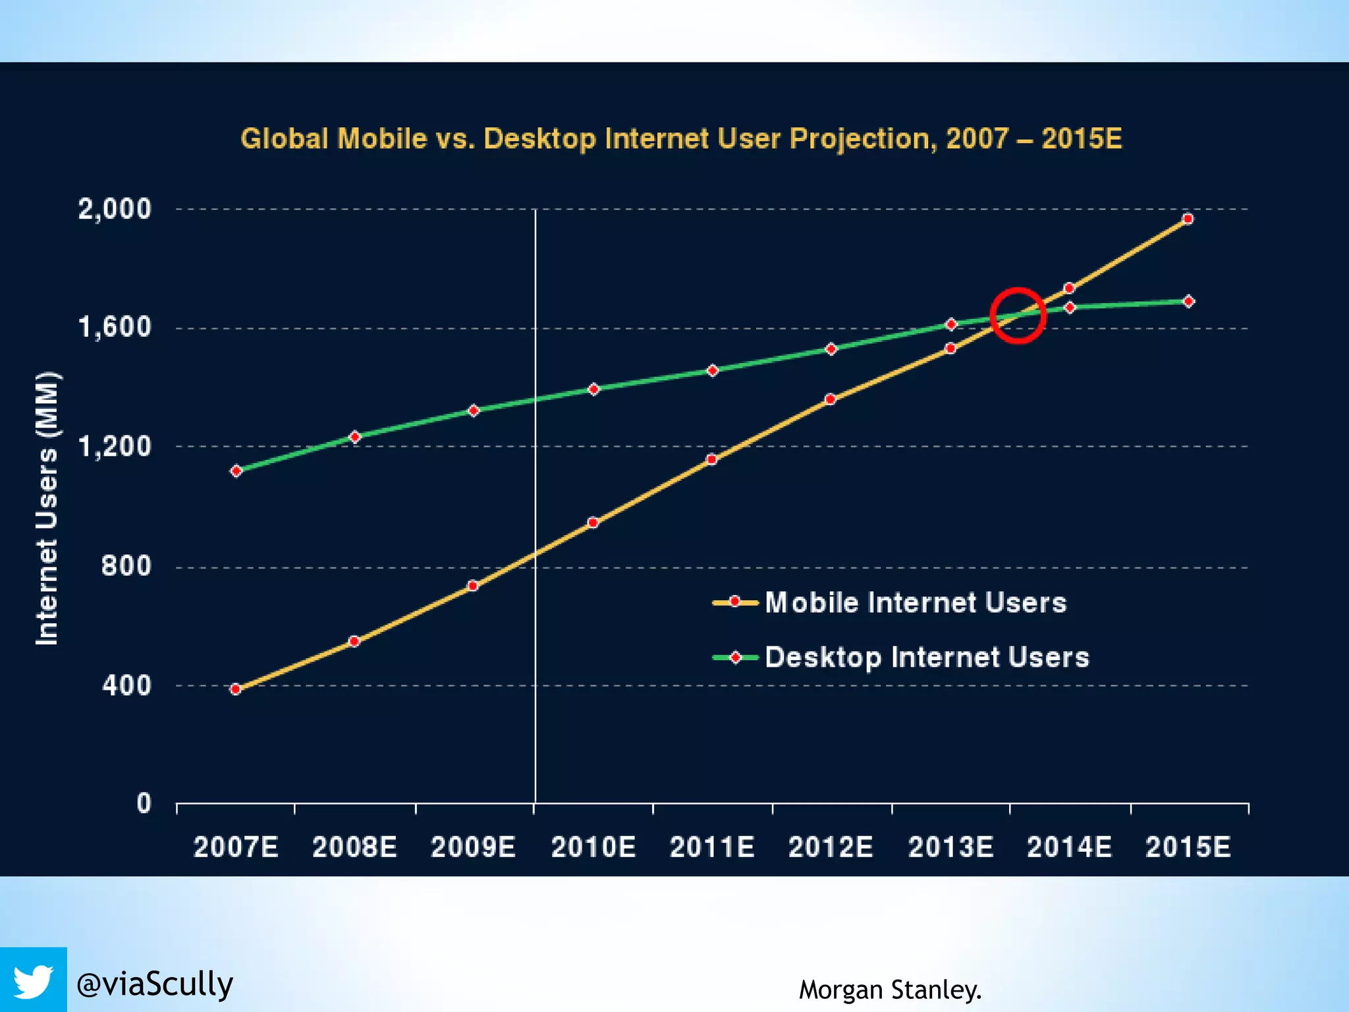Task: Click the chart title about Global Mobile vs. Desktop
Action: pyautogui.click(x=681, y=139)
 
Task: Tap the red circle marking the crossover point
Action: pyautogui.click(x=1018, y=316)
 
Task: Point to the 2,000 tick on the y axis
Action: pyautogui.click(x=115, y=210)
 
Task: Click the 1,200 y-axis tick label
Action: pyautogui.click(x=115, y=447)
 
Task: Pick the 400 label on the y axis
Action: pyautogui.click(x=126, y=685)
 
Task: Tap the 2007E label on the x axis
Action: pyautogui.click(x=236, y=847)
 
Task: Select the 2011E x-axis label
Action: pyautogui.click(x=712, y=847)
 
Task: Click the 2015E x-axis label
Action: pyautogui.click(x=1188, y=847)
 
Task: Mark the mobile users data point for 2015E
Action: pyautogui.click(x=1188, y=219)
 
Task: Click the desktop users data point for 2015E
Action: pyautogui.click(x=1188, y=301)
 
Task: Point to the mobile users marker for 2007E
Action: pyautogui.click(x=236, y=689)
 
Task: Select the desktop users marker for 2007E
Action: pyautogui.click(x=236, y=470)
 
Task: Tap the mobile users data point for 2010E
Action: pyautogui.click(x=593, y=522)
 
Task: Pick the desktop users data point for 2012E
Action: pyautogui.click(x=831, y=349)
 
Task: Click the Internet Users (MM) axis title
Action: pyautogui.click(x=47, y=509)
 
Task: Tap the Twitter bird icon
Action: pyautogui.click(x=33, y=981)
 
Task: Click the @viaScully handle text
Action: pyautogui.click(x=155, y=984)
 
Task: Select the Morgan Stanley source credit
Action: pyautogui.click(x=890, y=990)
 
